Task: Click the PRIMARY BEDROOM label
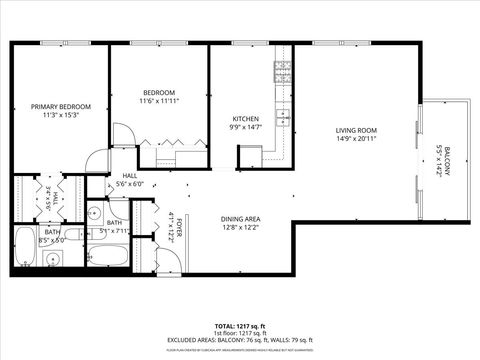60,107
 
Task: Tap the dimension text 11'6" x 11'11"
158,101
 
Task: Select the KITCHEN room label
246,119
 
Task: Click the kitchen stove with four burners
283,72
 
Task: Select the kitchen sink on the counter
284,119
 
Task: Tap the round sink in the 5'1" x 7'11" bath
92,213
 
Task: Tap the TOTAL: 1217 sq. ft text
239,326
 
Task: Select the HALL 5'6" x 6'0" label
130,179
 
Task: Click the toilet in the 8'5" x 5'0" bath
54,259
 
